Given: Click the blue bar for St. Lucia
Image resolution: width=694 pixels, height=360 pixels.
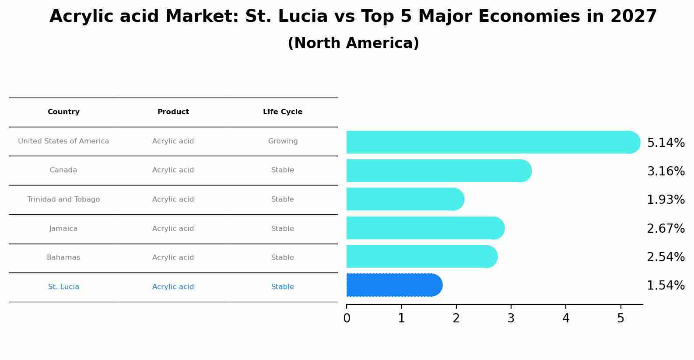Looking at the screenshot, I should point(394,285).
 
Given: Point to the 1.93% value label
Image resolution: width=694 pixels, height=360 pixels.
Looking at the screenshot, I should point(666,200).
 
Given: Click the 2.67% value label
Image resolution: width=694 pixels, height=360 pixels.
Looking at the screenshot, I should point(666,228).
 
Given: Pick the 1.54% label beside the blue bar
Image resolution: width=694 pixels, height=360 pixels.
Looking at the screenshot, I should point(666,286).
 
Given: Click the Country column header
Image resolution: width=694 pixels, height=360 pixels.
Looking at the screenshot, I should point(63,112).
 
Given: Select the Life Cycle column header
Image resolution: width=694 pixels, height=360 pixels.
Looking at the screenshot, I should point(283,112).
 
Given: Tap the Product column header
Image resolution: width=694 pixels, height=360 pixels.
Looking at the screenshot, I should point(173,112).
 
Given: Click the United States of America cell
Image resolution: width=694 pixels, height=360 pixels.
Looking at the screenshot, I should point(63,141).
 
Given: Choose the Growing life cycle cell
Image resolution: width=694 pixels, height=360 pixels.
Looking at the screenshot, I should point(283,141).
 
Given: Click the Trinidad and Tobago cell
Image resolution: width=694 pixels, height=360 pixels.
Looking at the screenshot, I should point(63,199).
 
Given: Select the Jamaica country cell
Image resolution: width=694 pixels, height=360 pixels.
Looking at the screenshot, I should point(63,229).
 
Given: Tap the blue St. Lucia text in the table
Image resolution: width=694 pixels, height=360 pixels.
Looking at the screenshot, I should point(63,287).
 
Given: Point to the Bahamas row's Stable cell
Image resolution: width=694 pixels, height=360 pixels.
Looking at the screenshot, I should point(283,258).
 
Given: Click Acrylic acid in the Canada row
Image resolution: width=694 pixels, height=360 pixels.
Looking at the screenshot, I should point(173,170).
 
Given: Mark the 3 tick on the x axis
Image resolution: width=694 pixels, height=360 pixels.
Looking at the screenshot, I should point(511,318).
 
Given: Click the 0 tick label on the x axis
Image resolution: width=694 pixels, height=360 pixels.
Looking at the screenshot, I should point(347,318).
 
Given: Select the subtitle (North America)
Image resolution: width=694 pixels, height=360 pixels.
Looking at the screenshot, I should point(353,43).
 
